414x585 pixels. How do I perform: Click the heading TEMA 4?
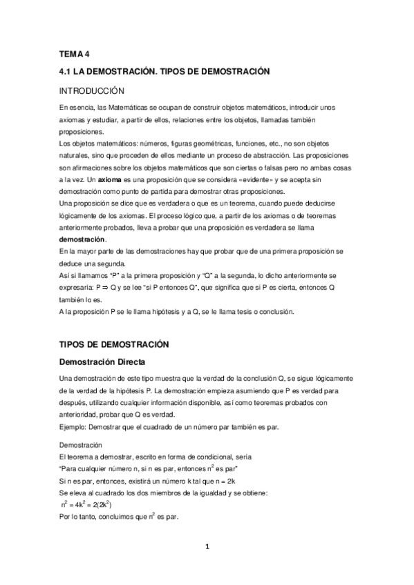click(x=75, y=54)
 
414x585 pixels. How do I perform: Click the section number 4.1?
click(x=66, y=71)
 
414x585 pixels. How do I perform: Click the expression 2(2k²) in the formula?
click(x=100, y=504)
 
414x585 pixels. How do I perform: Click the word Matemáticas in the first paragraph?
click(x=129, y=108)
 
